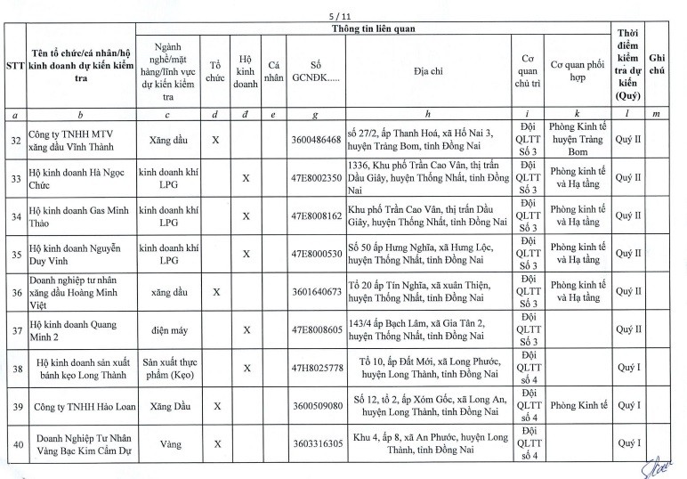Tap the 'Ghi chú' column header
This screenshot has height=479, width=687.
click(659, 63)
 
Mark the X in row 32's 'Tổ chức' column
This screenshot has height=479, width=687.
click(214, 140)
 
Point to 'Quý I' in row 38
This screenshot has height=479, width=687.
click(628, 368)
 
